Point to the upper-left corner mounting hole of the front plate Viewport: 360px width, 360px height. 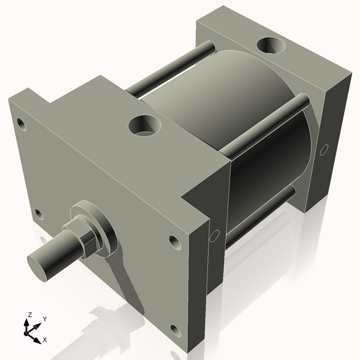pos(22,125)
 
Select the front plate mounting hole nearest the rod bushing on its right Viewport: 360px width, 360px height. pos(173,240)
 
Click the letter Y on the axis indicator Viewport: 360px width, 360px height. pos(44,318)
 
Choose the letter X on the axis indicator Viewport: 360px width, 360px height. pos(45,338)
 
